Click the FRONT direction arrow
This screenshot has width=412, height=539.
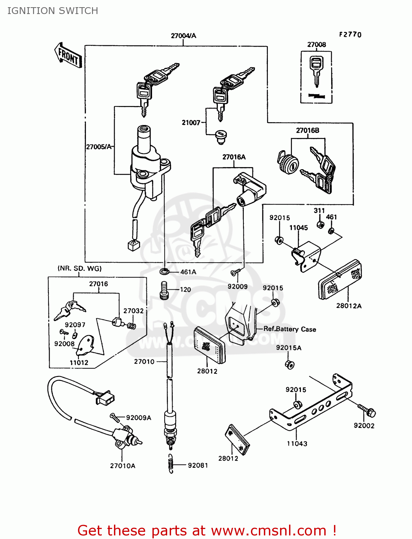(68, 55)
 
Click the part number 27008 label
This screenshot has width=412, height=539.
(316, 45)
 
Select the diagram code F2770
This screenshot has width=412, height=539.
(350, 34)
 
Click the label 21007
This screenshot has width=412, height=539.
(191, 123)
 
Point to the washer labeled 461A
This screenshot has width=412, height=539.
(164, 271)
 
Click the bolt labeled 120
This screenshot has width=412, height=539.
(164, 290)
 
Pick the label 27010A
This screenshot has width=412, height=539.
(123, 466)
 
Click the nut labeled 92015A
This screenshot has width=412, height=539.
(289, 364)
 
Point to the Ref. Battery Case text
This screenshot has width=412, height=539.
(290, 329)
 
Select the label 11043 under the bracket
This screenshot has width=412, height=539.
(297, 443)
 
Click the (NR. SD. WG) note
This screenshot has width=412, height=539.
(79, 268)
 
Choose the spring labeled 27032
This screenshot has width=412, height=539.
(132, 326)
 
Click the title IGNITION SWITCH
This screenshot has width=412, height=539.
(53, 11)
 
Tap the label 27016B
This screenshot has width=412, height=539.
(307, 130)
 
